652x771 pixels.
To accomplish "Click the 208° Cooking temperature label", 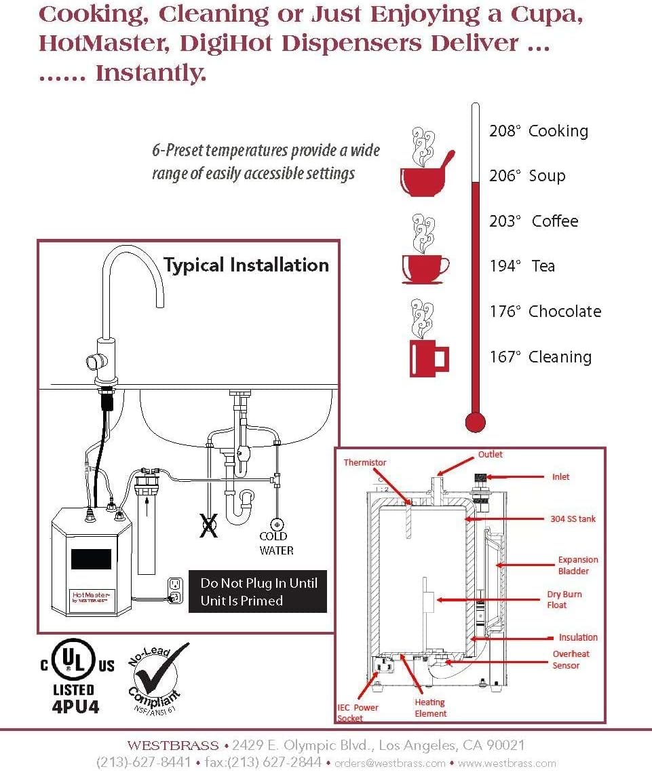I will [538, 131].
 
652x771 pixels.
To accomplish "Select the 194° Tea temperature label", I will [522, 266].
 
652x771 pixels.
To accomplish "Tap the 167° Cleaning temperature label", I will [540, 357].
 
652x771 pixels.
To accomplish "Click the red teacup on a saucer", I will [424, 269].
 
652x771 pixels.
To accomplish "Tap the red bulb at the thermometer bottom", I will [475, 421].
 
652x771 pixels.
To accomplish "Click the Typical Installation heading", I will [246, 265].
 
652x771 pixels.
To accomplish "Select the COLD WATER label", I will [276, 543].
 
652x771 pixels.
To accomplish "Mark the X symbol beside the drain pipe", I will [208, 525].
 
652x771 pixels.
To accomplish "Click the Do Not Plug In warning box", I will [257, 591].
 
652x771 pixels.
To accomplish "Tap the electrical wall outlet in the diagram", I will [174, 590].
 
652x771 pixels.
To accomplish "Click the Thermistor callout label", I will [364, 463].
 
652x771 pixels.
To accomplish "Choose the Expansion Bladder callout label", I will [577, 565].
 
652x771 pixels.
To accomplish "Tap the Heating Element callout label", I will [430, 707].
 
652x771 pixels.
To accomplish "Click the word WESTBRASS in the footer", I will [172, 745].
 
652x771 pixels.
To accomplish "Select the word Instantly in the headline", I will [151, 73].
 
